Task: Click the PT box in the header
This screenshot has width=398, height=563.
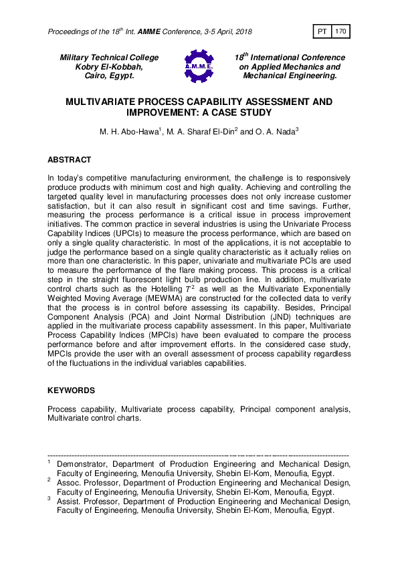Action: click(321, 31)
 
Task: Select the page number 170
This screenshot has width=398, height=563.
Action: click(340, 31)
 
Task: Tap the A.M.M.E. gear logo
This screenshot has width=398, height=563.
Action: click(199, 67)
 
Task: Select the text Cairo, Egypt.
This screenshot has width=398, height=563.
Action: click(109, 76)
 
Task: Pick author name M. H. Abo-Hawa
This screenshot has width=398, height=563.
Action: click(126, 132)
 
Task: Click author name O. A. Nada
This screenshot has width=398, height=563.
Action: click(275, 132)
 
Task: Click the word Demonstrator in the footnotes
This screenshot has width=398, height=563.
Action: click(82, 463)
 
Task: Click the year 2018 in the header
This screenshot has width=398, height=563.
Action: click(241, 31)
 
